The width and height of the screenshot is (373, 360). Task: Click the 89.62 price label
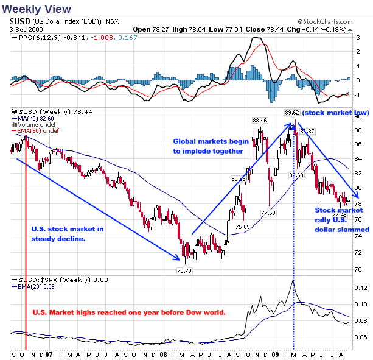[293, 112]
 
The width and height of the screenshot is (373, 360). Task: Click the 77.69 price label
[268, 213]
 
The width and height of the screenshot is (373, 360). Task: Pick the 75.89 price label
[243, 227]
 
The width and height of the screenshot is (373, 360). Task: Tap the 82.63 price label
[296, 175]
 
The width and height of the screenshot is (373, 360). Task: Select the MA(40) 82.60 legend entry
[32, 119]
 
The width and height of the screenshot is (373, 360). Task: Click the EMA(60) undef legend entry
[33, 131]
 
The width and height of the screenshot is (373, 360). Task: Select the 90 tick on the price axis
[359, 115]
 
